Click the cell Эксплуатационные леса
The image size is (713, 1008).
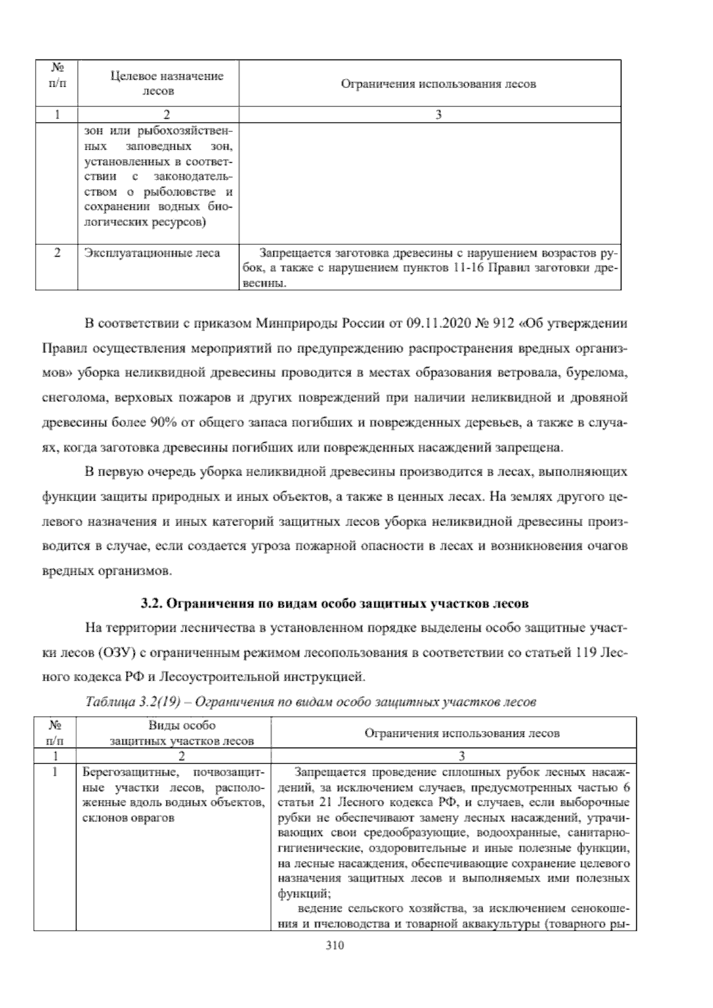pos(152,253)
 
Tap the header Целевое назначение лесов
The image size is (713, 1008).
pos(158,83)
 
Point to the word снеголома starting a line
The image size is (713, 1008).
pos(65,398)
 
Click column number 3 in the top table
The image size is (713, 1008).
pos(438,115)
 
